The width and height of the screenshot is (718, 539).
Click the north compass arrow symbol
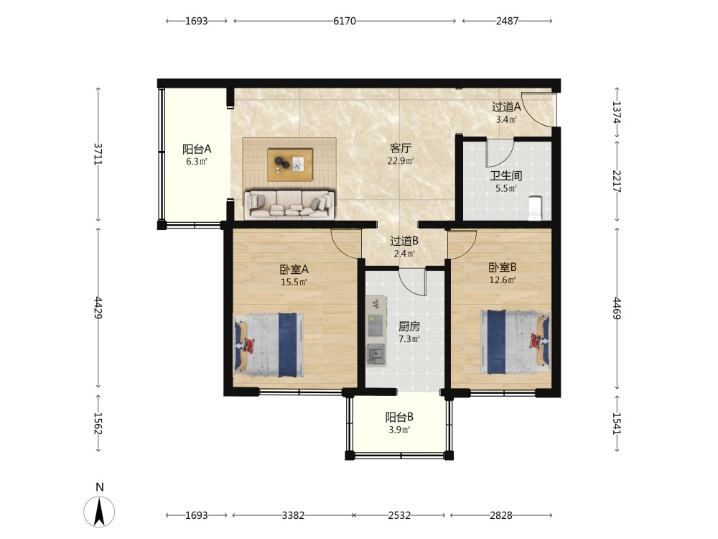pyautogui.click(x=99, y=511)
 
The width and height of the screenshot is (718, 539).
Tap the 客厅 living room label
pyautogui.click(x=401, y=148)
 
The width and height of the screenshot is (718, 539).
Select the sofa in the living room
pyautogui.click(x=289, y=204)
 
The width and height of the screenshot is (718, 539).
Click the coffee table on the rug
pyautogui.click(x=290, y=165)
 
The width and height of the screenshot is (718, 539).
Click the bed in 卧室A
pyautogui.click(x=269, y=345)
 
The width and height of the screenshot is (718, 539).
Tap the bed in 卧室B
pyautogui.click(x=515, y=342)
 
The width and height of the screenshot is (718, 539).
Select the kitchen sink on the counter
pyautogui.click(x=376, y=355)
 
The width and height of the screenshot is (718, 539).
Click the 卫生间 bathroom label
pyautogui.click(x=506, y=175)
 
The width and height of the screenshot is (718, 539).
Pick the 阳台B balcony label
pyautogui.click(x=399, y=417)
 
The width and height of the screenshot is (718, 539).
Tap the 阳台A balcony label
pyautogui.click(x=197, y=149)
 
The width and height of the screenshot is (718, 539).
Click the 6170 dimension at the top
pyautogui.click(x=345, y=21)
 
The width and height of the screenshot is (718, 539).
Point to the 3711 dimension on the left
pyautogui.click(x=98, y=154)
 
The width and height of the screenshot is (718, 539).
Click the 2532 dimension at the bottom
pyautogui.click(x=399, y=515)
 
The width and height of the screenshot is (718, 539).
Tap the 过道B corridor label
pyautogui.click(x=404, y=241)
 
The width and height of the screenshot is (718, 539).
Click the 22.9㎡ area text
pyautogui.click(x=401, y=161)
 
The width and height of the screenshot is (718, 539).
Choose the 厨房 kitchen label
pyautogui.click(x=409, y=326)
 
